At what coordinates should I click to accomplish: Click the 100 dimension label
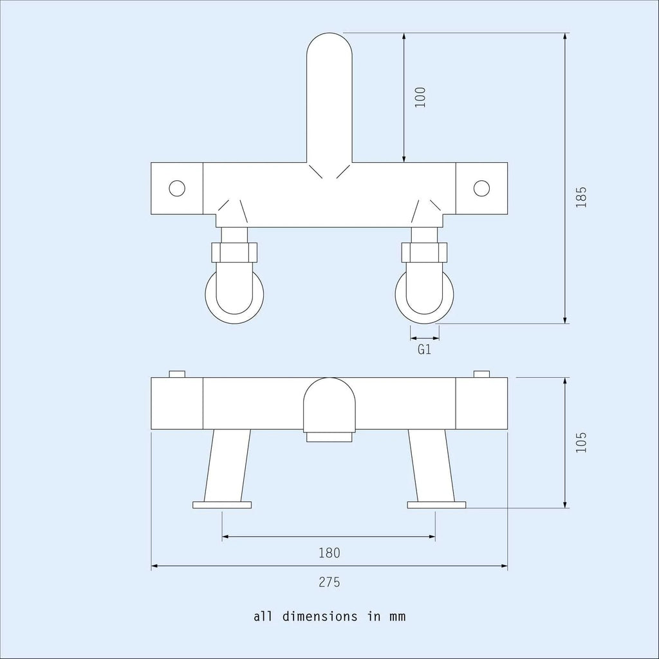420,97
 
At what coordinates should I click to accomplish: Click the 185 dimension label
581,197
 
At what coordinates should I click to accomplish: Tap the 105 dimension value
581,442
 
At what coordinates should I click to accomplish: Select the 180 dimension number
329,553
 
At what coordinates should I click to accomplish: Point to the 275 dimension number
329,582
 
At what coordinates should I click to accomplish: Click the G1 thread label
425,349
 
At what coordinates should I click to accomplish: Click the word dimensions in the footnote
320,617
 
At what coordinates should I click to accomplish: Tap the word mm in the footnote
397,617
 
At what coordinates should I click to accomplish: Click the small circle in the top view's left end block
177,189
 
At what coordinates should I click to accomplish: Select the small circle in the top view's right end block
481,189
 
